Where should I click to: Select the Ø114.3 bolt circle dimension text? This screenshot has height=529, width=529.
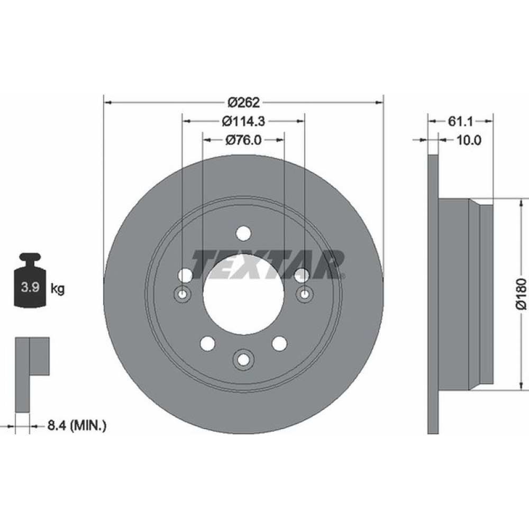[243, 121]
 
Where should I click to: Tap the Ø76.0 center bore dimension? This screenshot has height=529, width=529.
[243, 140]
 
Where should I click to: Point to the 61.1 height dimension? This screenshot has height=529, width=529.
[460, 121]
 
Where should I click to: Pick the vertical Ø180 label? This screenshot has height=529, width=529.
[522, 294]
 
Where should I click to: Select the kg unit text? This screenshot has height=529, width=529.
[58, 289]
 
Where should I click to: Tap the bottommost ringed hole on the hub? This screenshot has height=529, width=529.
[243, 359]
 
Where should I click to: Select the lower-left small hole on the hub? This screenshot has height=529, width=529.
[207, 343]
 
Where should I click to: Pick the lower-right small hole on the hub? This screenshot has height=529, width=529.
[279, 343]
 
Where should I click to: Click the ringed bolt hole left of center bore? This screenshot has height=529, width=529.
[183, 294]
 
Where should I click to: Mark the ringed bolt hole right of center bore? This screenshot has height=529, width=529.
[304, 294]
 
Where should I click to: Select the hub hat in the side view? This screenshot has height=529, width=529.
[466, 294]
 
